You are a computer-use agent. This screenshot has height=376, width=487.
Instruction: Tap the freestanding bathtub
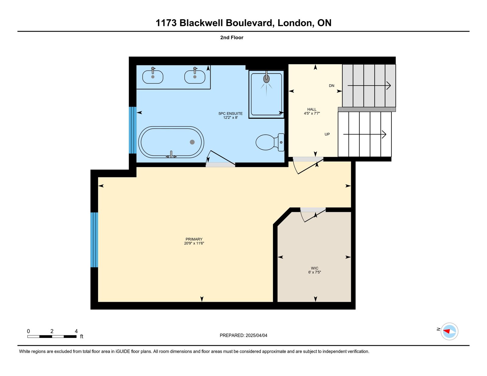(171, 142)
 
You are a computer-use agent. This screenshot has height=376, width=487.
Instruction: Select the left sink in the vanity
(153, 77)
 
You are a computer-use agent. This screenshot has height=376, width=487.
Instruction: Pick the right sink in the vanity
(195, 77)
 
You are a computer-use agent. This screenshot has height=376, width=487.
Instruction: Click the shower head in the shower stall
(266, 79)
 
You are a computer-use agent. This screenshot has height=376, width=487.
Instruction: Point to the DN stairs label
(331, 86)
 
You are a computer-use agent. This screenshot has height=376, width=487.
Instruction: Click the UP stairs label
(327, 134)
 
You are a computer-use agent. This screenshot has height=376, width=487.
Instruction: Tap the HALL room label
(312, 110)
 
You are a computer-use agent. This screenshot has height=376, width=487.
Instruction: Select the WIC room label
(314, 268)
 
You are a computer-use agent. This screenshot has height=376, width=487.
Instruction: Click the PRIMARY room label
(194, 239)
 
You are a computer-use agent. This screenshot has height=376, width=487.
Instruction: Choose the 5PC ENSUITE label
(230, 114)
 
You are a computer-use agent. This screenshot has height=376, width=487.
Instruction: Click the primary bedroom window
(94, 240)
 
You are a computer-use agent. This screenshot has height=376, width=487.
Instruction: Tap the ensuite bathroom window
(133, 130)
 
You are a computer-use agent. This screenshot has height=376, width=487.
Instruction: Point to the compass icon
(449, 331)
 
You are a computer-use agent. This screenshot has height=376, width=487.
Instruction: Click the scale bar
(52, 336)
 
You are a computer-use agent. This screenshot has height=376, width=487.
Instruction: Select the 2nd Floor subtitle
(232, 38)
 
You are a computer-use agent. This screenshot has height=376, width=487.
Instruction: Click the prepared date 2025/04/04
(256, 336)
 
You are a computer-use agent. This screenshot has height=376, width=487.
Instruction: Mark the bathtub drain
(192, 142)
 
